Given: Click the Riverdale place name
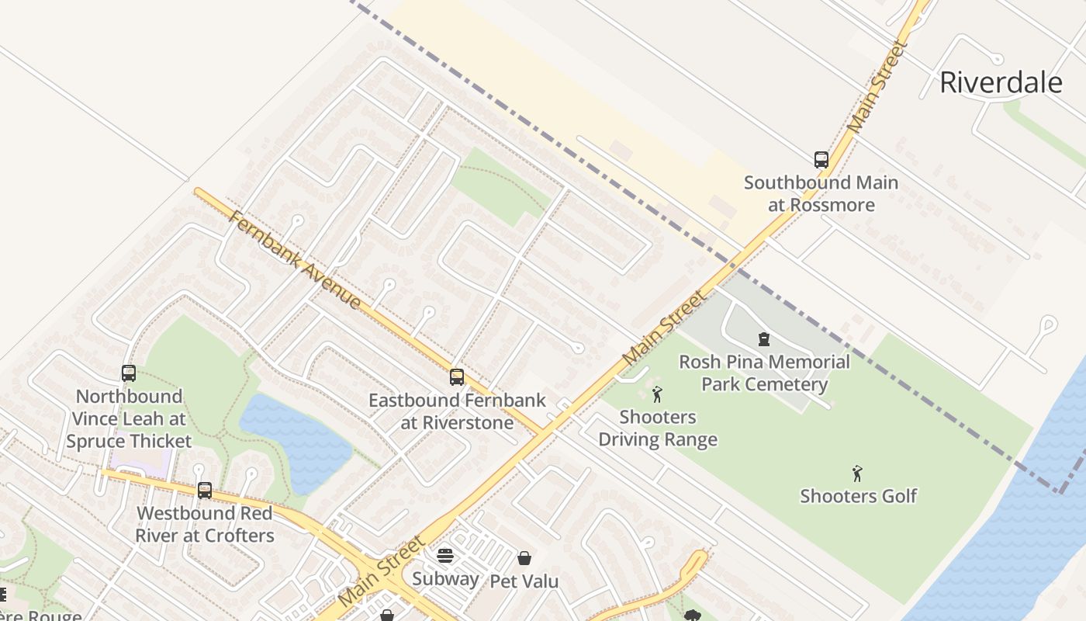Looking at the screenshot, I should pyautogui.click(x=1000, y=82).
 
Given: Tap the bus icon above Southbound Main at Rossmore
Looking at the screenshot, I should pyautogui.click(x=821, y=160).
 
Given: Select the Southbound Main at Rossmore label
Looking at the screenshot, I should pyautogui.click(x=821, y=194).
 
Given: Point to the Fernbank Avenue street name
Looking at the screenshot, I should pyautogui.click(x=295, y=260).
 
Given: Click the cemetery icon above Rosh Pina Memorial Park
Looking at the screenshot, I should pyautogui.click(x=764, y=339).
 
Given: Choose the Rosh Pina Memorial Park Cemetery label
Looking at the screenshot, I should pyautogui.click(x=764, y=373).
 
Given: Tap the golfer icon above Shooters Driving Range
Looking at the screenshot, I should pyautogui.click(x=658, y=394).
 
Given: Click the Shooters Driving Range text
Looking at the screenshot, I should pyautogui.click(x=658, y=428).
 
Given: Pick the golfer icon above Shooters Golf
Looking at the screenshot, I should pyautogui.click(x=857, y=474).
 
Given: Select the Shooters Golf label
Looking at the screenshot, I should pyautogui.click(x=858, y=496).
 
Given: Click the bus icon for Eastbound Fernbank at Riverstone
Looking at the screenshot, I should pyautogui.click(x=457, y=377).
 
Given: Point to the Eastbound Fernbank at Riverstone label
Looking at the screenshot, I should pyautogui.click(x=457, y=412).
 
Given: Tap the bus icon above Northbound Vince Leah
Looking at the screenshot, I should pyautogui.click(x=129, y=373).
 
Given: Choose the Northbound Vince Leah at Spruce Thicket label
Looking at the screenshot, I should pyautogui.click(x=129, y=419).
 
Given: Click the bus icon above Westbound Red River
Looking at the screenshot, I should pyautogui.click(x=205, y=491).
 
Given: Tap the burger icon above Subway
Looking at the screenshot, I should pyautogui.click(x=445, y=556).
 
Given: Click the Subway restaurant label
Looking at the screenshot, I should pyautogui.click(x=445, y=578).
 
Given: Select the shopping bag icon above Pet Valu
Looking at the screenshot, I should pyautogui.click(x=524, y=558).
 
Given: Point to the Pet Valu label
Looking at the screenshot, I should pyautogui.click(x=524, y=581).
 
